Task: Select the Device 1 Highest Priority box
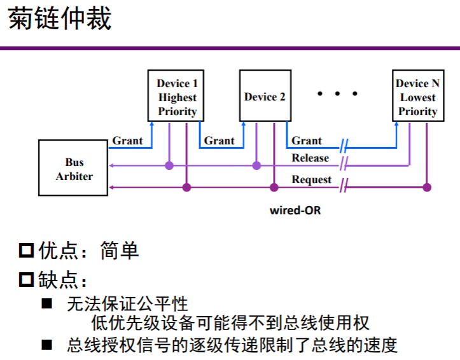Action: pos(178,97)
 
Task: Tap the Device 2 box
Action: pos(265,96)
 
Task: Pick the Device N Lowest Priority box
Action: pos(417,97)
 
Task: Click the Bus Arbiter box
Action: pos(74,169)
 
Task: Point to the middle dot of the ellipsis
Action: pos(338,94)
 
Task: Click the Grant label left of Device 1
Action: pos(128,141)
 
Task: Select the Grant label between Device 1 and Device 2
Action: pos(220,141)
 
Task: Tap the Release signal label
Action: pos(310,158)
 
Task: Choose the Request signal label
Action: pos(312,179)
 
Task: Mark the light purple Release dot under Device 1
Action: pos(169,165)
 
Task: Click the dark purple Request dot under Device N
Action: pos(427,187)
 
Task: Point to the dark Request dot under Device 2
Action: pos(274,187)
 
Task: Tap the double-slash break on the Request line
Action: pos(344,187)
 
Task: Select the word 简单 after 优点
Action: pos(120,251)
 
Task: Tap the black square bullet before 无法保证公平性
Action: pos(47,303)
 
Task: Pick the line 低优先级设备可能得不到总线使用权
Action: pos(230,322)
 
